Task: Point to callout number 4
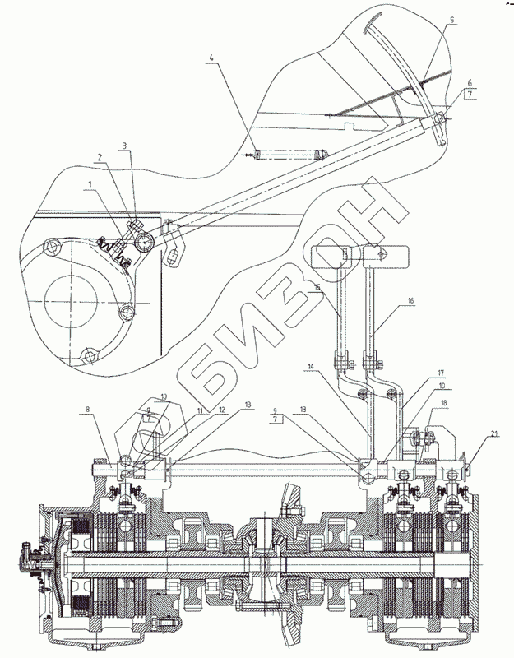(x=211, y=58)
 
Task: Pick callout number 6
(x=469, y=82)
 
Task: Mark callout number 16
(x=410, y=303)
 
